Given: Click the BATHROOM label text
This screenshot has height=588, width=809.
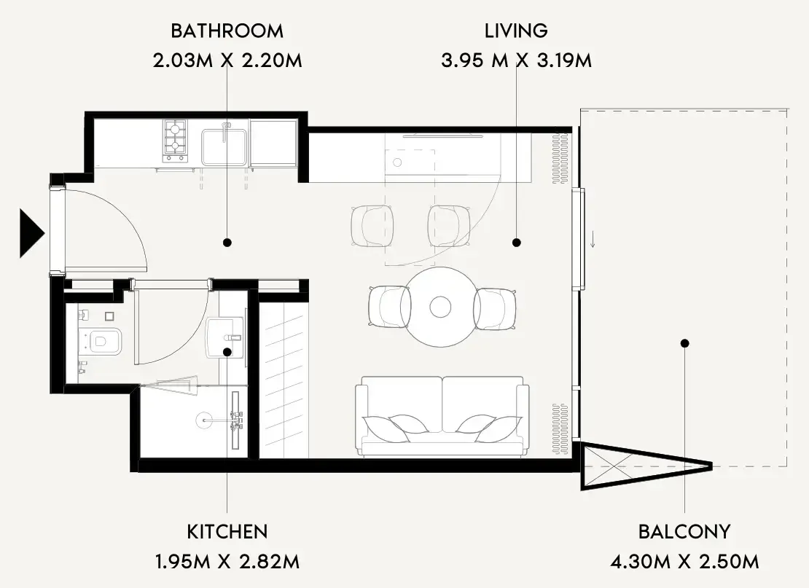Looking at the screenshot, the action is tap(227, 31).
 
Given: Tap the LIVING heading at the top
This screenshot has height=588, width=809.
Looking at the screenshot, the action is tap(516, 31).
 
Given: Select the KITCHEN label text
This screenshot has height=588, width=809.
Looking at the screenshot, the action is tap(227, 532).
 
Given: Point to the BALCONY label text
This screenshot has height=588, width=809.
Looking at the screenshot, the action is tap(684, 532).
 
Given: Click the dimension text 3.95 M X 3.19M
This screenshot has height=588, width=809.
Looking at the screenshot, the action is tap(516, 61).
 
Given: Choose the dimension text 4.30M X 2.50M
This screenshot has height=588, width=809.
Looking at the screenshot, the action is tap(684, 561).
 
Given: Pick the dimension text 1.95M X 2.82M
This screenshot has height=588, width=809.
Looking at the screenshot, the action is tap(227, 561).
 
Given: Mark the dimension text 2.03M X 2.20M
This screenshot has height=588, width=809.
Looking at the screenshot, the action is tap(227, 61).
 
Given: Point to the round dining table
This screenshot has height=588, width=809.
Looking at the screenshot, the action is tap(440, 307).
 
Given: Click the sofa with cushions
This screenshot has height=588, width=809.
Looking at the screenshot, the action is tap(442, 416).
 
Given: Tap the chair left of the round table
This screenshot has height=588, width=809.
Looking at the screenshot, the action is tap(390, 307).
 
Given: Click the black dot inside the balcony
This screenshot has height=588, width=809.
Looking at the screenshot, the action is tap(684, 343).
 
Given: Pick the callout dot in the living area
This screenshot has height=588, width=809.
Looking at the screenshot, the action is tap(517, 243).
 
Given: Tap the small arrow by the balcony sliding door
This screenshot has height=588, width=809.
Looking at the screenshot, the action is tap(593, 239).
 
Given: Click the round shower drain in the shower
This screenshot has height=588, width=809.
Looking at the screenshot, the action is tap(204, 420).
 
